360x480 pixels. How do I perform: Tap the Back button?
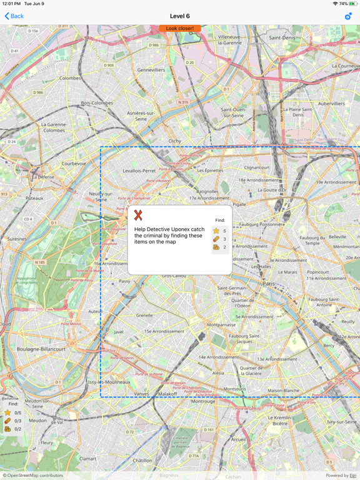(14, 16)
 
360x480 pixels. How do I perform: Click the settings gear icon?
(348, 16)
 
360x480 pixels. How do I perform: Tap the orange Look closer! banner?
(180, 29)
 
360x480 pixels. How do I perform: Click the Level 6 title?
(180, 16)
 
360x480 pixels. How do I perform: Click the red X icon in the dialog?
(138, 215)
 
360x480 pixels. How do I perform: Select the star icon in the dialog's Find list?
(216, 231)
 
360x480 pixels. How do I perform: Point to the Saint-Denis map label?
(283, 38)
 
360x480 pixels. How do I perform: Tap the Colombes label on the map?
(70, 79)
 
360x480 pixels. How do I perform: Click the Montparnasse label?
(221, 325)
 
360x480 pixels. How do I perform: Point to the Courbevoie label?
(74, 164)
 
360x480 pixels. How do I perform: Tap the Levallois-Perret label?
(139, 171)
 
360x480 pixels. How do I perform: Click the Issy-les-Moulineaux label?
(109, 382)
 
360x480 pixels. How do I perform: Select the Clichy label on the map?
(175, 141)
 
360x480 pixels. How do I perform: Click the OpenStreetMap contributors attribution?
(32, 476)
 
